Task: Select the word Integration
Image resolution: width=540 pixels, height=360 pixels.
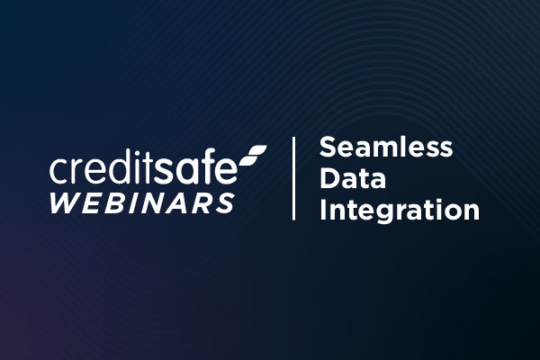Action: [400, 212]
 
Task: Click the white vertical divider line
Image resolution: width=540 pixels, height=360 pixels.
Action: [294, 178]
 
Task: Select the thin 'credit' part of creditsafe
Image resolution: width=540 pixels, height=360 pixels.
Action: [106, 168]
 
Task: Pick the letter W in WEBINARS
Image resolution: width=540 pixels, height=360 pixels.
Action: [65, 202]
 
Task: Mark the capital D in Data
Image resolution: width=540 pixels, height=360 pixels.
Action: [328, 179]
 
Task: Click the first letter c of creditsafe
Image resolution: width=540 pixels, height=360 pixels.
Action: [58, 171]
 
